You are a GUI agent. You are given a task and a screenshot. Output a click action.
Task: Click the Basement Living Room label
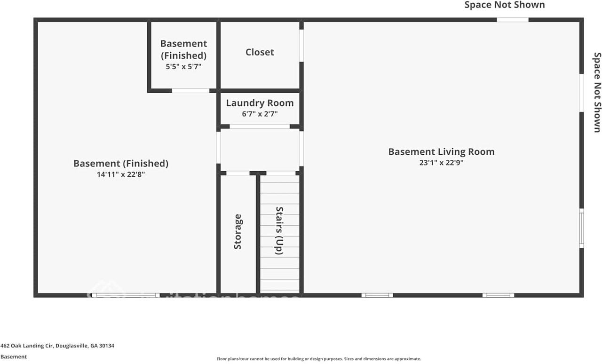[x=441, y=152]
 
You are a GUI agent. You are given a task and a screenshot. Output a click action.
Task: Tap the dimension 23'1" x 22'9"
[x=441, y=163]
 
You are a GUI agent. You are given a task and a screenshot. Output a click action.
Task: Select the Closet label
[x=260, y=52]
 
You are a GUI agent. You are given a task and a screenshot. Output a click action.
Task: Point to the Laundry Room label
[x=260, y=103]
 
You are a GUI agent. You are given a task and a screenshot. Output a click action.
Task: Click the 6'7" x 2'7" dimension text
[x=260, y=114]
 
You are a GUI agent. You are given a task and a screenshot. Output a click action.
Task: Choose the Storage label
[x=238, y=232]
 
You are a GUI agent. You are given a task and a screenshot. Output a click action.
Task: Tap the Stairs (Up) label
[x=279, y=230]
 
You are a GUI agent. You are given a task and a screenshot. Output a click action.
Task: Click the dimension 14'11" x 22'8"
[x=121, y=174]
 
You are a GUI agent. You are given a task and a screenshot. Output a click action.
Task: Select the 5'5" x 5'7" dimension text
[x=183, y=67]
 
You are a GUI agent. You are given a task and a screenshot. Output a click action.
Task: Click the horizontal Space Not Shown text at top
[x=505, y=5]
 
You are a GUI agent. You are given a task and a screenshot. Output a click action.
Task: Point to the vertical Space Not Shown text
[x=597, y=92]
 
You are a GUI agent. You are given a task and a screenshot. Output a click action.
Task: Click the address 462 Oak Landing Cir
[x=57, y=346]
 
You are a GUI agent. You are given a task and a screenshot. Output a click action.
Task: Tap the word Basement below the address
[x=14, y=357]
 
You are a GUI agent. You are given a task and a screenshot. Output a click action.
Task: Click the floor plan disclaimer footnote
[x=318, y=359]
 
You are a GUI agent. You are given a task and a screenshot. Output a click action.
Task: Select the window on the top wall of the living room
[x=513, y=20]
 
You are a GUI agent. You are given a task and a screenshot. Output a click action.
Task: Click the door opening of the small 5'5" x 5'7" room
[x=190, y=90]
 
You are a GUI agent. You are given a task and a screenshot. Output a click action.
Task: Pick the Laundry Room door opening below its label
[x=260, y=127]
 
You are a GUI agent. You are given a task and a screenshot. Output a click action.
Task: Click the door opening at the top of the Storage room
[x=238, y=173]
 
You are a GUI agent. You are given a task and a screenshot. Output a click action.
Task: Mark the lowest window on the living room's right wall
[x=581, y=229]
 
